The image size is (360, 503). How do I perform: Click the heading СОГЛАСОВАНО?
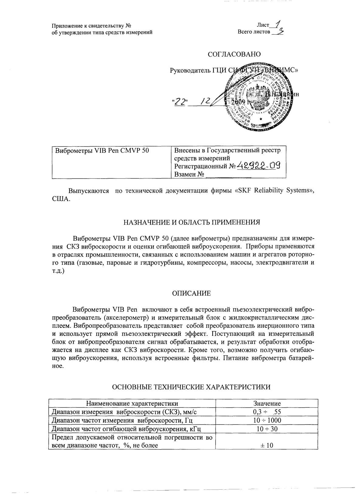[x=234, y=54]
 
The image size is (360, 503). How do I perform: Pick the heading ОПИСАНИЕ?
[x=191, y=294]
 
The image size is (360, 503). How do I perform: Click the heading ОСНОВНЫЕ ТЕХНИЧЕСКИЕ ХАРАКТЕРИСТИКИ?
[x=191, y=387]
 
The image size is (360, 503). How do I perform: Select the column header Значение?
[x=267, y=404]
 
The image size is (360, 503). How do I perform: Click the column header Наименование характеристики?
[x=132, y=404]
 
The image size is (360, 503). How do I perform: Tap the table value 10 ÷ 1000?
[x=267, y=420]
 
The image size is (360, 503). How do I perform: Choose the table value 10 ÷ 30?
[x=267, y=429]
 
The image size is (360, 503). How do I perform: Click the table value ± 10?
[x=267, y=445]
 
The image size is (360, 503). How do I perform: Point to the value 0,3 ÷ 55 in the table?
[x=267, y=412]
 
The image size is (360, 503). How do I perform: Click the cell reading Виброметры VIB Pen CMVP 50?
[x=102, y=150]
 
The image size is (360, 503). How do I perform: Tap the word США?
[x=61, y=199]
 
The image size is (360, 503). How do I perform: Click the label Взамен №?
[x=189, y=174]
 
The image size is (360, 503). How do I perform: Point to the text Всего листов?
[x=254, y=32]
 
